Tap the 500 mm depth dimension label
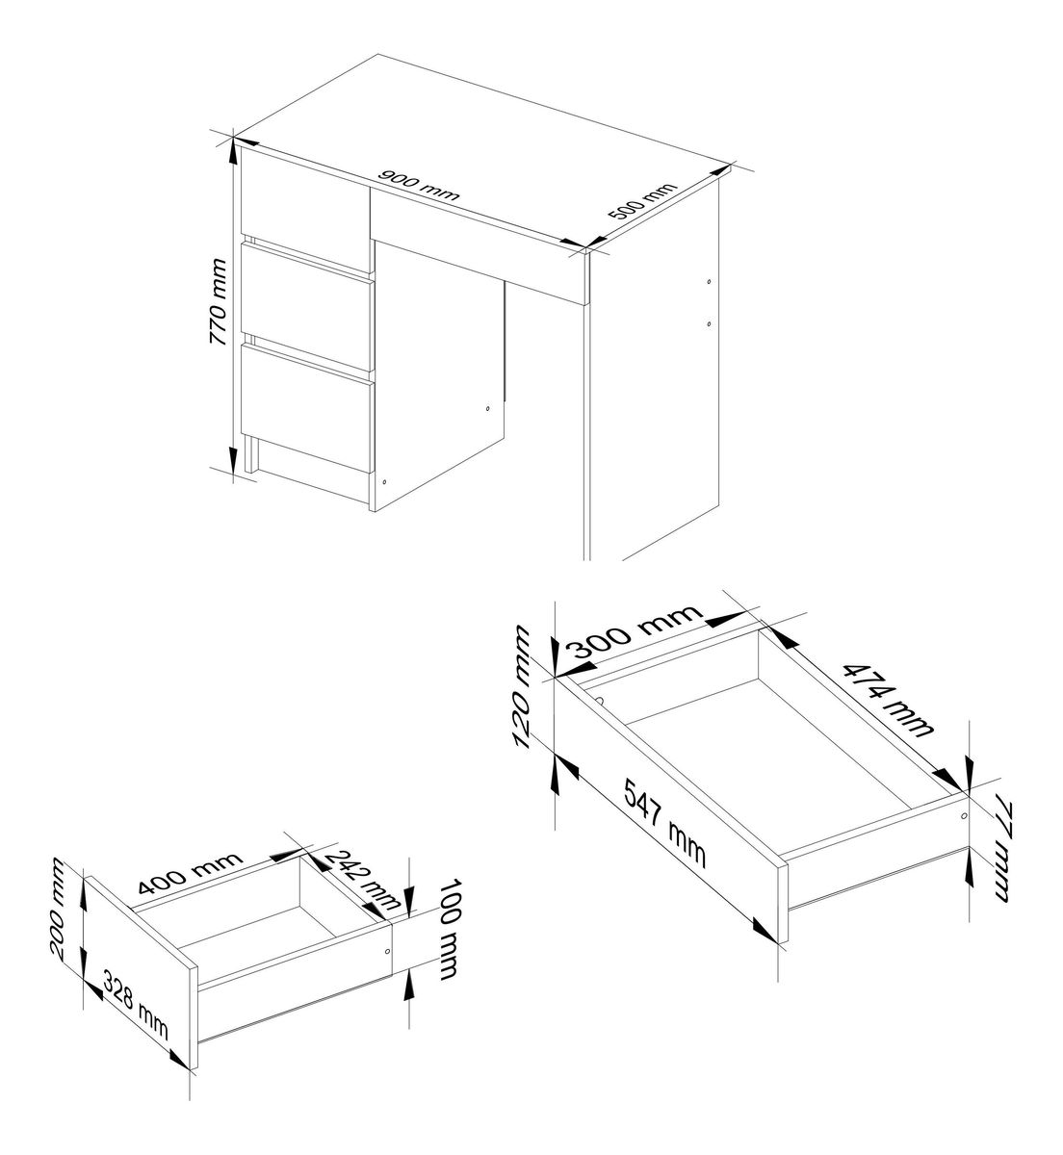642,202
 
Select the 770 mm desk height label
218,301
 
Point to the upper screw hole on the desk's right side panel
709,282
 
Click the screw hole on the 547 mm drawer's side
963,816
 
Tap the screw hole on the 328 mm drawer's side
387,951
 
